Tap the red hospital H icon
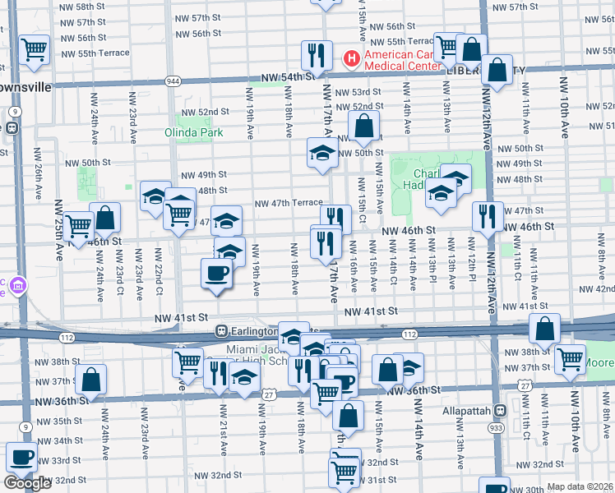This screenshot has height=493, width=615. [x=350, y=59]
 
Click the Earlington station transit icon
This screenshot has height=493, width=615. [x=221, y=330]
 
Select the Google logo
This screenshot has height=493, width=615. [x=27, y=483]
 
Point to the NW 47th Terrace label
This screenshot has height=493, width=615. [x=288, y=203]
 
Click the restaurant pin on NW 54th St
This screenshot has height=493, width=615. [x=316, y=55]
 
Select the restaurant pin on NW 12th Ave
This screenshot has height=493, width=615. [x=488, y=216]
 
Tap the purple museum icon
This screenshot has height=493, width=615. [x=17, y=286]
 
